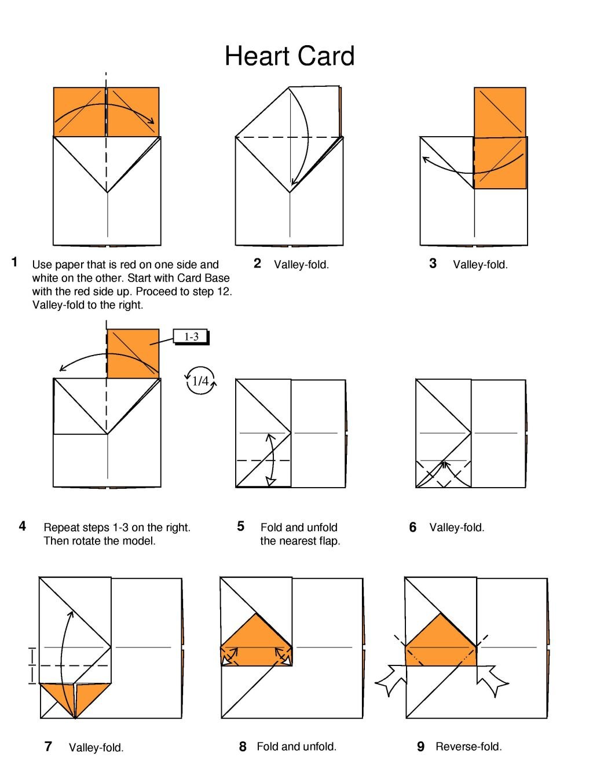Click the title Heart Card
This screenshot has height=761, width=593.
pyautogui.click(x=289, y=56)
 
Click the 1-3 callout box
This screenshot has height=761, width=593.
pyautogui.click(x=191, y=336)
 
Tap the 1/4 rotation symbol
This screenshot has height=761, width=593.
pyautogui.click(x=200, y=380)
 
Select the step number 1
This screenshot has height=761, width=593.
pyautogui.click(x=15, y=262)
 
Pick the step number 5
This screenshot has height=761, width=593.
pyautogui.click(x=240, y=526)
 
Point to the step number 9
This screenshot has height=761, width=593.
pyautogui.click(x=420, y=747)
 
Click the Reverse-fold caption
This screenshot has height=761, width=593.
pyautogui.click(x=468, y=747)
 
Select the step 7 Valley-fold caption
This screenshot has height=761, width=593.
pyautogui.click(x=96, y=748)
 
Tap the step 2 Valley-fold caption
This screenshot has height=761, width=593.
pyautogui.click(x=301, y=265)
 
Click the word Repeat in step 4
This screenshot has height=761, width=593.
pyautogui.click(x=61, y=528)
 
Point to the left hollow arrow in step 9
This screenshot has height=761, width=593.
pyautogui.click(x=392, y=679)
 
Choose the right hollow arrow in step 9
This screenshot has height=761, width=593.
pyautogui.click(x=492, y=679)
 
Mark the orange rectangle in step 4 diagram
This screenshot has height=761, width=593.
pyautogui.click(x=133, y=353)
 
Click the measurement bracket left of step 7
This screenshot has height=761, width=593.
pyautogui.click(x=32, y=665)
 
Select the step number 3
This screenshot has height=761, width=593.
pyautogui.click(x=433, y=264)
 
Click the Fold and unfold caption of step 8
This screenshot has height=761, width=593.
pyautogui.click(x=296, y=747)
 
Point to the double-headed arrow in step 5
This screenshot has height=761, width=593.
pyautogui.click(x=270, y=459)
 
